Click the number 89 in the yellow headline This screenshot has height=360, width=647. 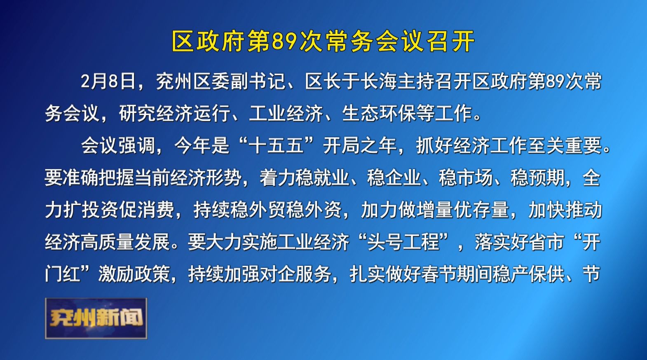[285, 41]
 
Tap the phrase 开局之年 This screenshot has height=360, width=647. [360, 145]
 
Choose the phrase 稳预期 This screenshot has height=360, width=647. [537, 177]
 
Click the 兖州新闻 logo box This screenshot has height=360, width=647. [96, 318]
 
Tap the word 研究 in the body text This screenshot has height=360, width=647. [138, 113]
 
